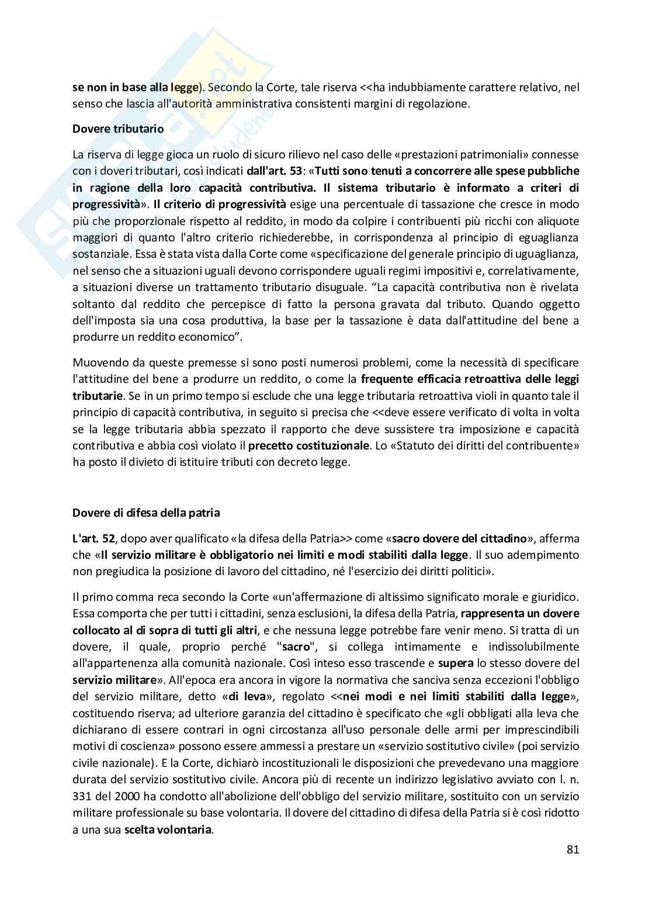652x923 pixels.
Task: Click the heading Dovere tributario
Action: click(x=118, y=129)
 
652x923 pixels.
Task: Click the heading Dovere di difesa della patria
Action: click(x=146, y=513)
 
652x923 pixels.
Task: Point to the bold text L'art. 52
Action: click(x=92, y=538)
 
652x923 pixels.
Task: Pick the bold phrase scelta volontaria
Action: click(x=168, y=829)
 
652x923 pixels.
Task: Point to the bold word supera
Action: click(x=455, y=663)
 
